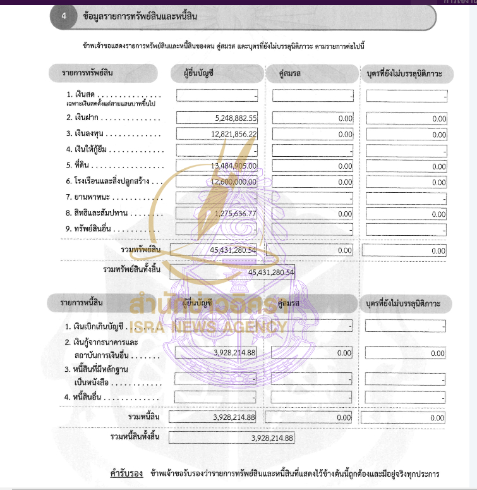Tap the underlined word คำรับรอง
click(124, 474)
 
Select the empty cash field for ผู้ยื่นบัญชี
click(217, 96)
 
